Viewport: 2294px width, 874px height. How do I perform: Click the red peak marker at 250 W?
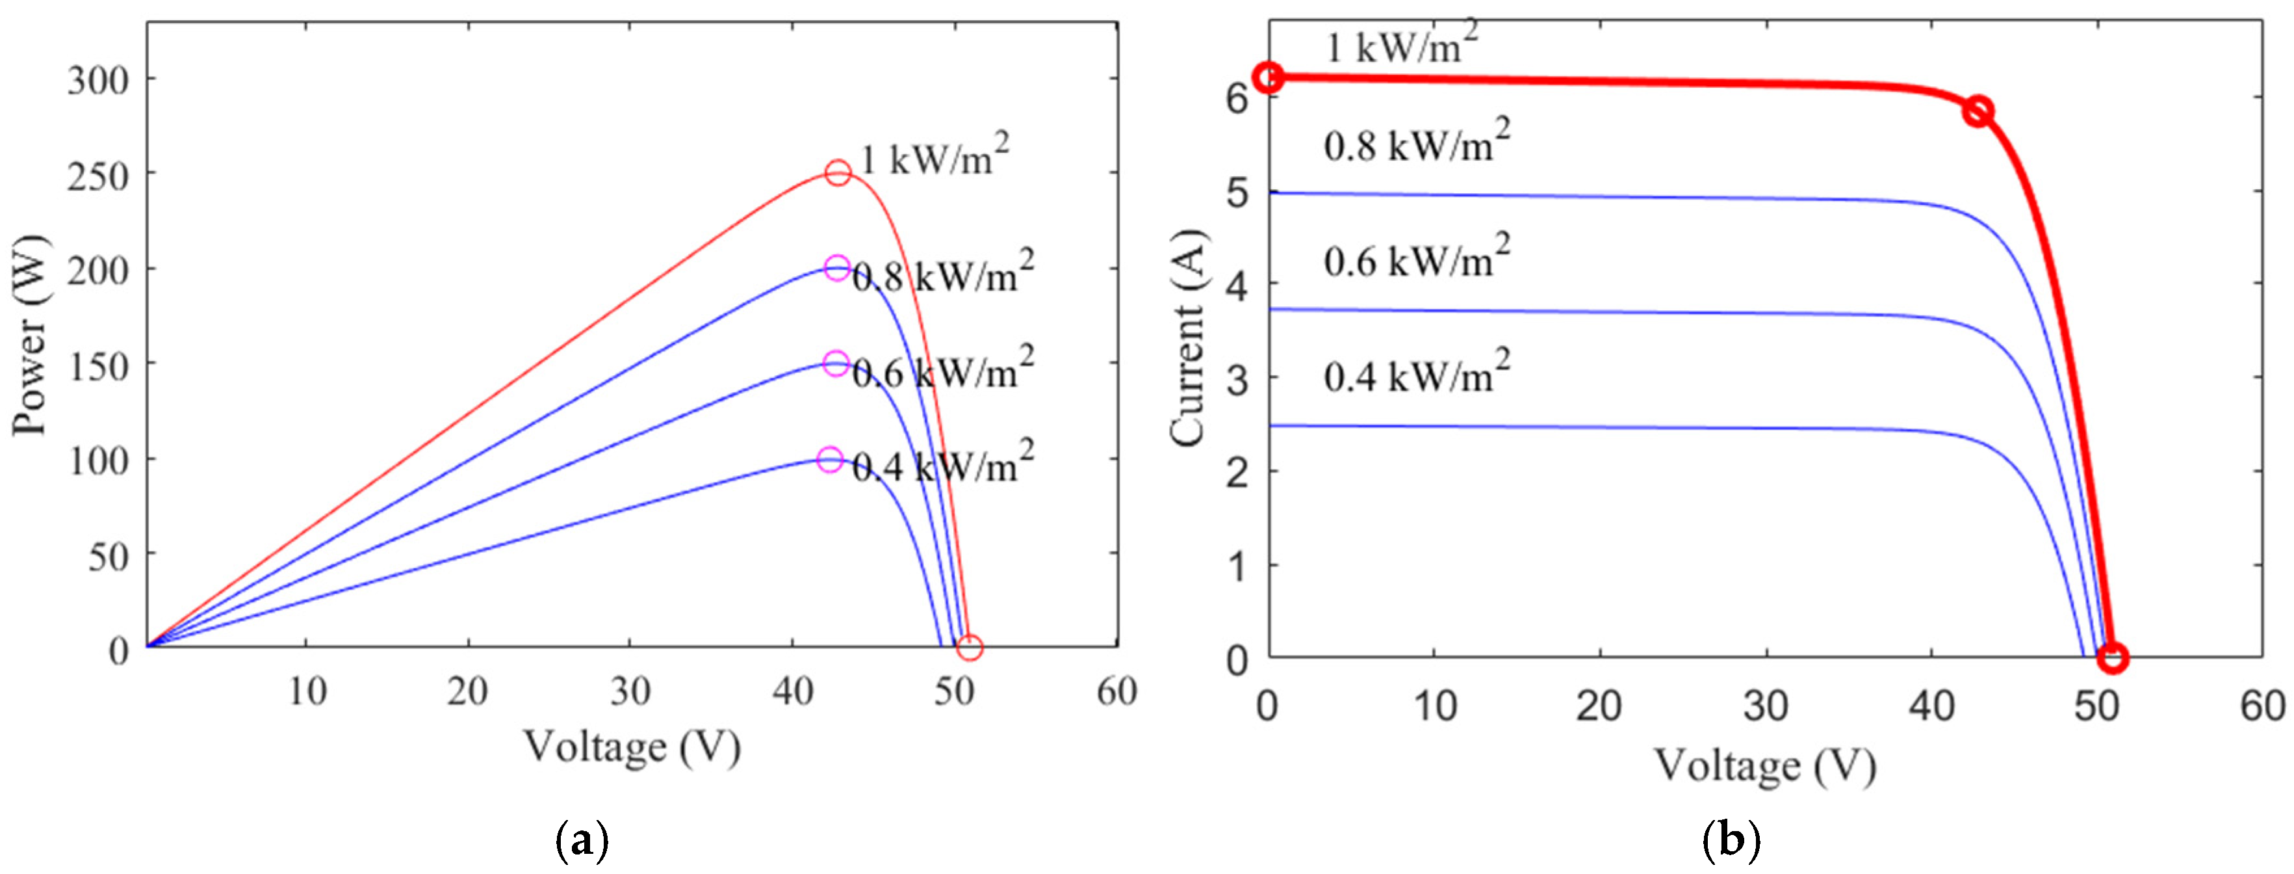[x=837, y=173]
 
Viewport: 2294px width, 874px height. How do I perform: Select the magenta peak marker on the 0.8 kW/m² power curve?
[x=836, y=268]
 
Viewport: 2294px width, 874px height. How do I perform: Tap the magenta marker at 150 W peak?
[x=835, y=364]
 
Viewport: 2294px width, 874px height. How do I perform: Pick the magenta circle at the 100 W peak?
[x=829, y=460]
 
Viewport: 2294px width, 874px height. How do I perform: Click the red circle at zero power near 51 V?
[x=969, y=648]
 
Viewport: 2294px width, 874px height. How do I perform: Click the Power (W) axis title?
[x=31, y=336]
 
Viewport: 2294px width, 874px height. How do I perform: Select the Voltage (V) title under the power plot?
[x=632, y=747]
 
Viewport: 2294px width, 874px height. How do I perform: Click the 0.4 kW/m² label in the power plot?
[x=942, y=463]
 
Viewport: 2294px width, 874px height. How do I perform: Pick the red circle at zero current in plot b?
[x=2112, y=658]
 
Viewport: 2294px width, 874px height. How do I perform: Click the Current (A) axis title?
[x=1187, y=339]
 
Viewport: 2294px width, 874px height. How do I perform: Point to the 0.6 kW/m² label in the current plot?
[x=1416, y=258]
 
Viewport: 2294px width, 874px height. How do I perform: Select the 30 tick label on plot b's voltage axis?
[x=1765, y=706]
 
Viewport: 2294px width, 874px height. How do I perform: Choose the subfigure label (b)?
[x=1731, y=840]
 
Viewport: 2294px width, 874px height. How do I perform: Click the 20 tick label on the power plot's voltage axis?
[x=467, y=691]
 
